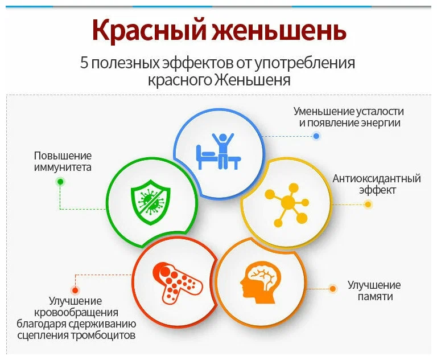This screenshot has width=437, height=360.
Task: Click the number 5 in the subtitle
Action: coord(84,63)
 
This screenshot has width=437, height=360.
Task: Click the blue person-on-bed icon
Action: coord(218,152)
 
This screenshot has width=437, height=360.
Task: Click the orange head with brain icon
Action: coord(261,280)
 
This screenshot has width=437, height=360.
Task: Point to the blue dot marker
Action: coord(316,136)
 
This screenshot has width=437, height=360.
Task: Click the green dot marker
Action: coord(60,182)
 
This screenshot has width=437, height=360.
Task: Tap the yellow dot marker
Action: coord(368,204)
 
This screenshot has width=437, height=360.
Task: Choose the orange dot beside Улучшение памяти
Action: coord(333,289)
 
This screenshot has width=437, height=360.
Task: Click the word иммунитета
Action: coord(62,167)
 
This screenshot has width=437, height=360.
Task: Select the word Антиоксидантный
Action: coord(377,178)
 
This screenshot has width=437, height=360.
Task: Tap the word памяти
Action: coord(375,297)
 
